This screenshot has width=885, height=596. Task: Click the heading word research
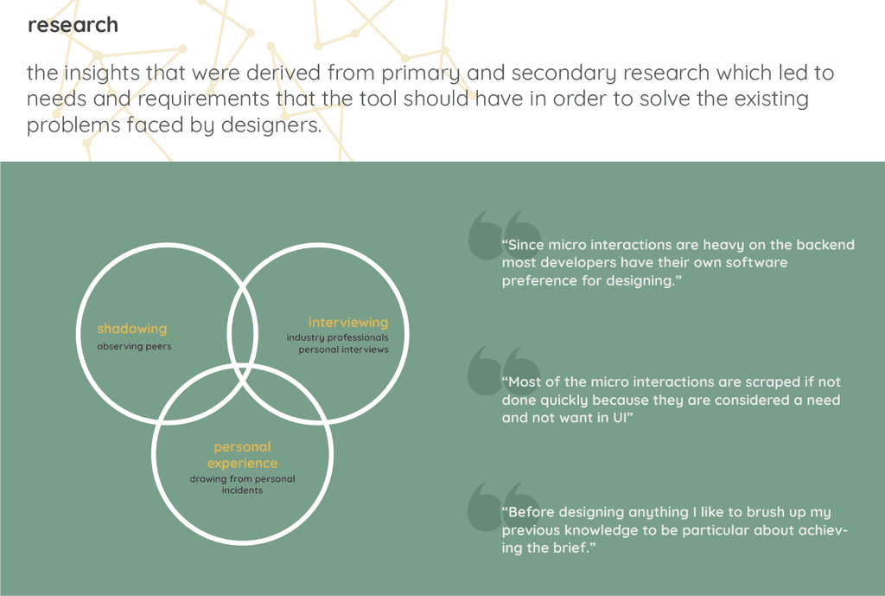point(73,26)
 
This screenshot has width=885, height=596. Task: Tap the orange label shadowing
point(131,329)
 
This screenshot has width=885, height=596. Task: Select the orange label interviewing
point(348,323)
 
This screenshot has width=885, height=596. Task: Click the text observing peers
point(134,347)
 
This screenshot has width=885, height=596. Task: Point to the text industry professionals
point(338,337)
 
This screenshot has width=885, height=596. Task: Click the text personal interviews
point(344,349)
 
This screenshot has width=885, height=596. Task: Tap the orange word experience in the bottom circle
point(242,464)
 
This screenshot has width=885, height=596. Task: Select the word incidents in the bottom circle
point(242,490)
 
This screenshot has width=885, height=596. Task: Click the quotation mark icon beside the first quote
point(495,234)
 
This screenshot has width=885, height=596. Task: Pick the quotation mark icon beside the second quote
point(495,370)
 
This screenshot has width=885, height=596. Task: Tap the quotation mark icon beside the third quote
point(495,505)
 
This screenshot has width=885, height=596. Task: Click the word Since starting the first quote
point(525,245)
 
